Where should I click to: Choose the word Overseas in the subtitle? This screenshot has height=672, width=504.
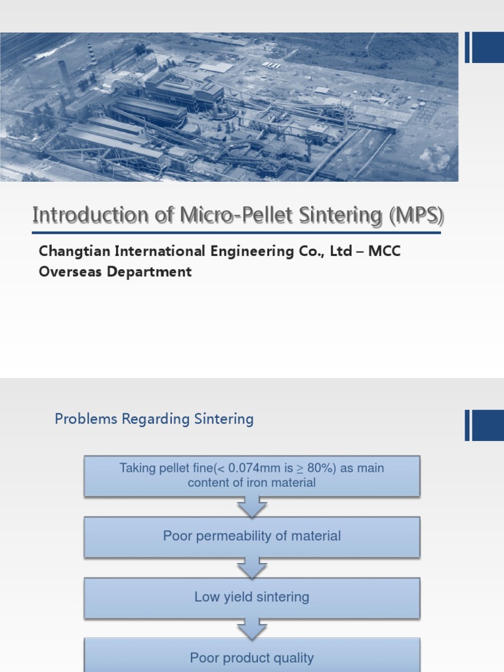(x=66, y=271)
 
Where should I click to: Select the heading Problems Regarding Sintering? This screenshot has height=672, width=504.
(x=154, y=419)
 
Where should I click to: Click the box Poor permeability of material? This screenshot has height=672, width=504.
(x=252, y=536)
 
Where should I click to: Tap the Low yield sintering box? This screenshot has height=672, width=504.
(x=252, y=597)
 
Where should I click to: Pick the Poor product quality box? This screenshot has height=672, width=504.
(x=252, y=657)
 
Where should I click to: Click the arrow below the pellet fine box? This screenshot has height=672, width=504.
(x=252, y=507)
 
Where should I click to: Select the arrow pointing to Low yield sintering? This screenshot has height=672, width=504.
(x=252, y=568)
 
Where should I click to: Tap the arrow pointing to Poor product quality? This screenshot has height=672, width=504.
(x=252, y=628)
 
